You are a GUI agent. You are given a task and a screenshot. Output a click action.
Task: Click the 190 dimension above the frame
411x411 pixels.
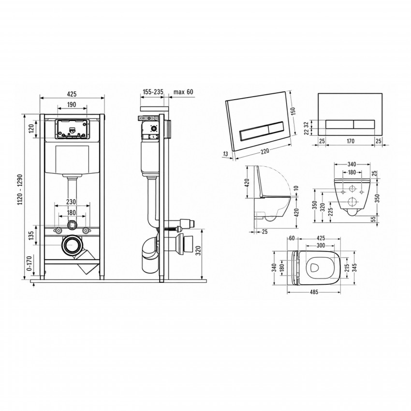(71, 104)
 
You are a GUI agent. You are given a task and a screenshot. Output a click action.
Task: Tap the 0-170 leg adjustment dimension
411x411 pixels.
(29, 264)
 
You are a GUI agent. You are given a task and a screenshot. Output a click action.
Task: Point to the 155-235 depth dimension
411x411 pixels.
(153, 92)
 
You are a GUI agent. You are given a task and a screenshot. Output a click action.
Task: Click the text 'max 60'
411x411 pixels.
(183, 92)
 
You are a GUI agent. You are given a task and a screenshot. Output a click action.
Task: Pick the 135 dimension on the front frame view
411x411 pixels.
(31, 235)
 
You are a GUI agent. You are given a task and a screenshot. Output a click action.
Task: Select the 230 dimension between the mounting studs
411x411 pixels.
(71, 202)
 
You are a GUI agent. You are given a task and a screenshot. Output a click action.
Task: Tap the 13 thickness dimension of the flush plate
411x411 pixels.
(225, 154)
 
